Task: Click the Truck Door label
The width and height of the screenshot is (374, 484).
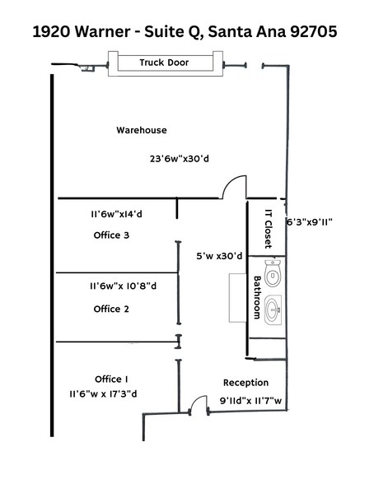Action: [163, 62]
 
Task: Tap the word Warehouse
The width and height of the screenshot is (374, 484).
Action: [141, 130]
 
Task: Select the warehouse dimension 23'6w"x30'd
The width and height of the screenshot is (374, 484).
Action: [180, 159]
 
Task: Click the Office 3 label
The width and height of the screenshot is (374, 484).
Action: [112, 235]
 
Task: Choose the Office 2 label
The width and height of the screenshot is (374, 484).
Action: [112, 309]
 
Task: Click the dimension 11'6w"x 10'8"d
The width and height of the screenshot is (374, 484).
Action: [124, 286]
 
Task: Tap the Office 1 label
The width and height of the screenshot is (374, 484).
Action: [112, 379]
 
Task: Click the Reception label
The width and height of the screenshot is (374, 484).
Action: [245, 383]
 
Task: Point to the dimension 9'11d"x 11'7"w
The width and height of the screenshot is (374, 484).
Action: [251, 402]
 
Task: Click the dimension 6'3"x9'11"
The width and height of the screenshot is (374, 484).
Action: [308, 221]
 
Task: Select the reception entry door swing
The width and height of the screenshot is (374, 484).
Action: [195, 403]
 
